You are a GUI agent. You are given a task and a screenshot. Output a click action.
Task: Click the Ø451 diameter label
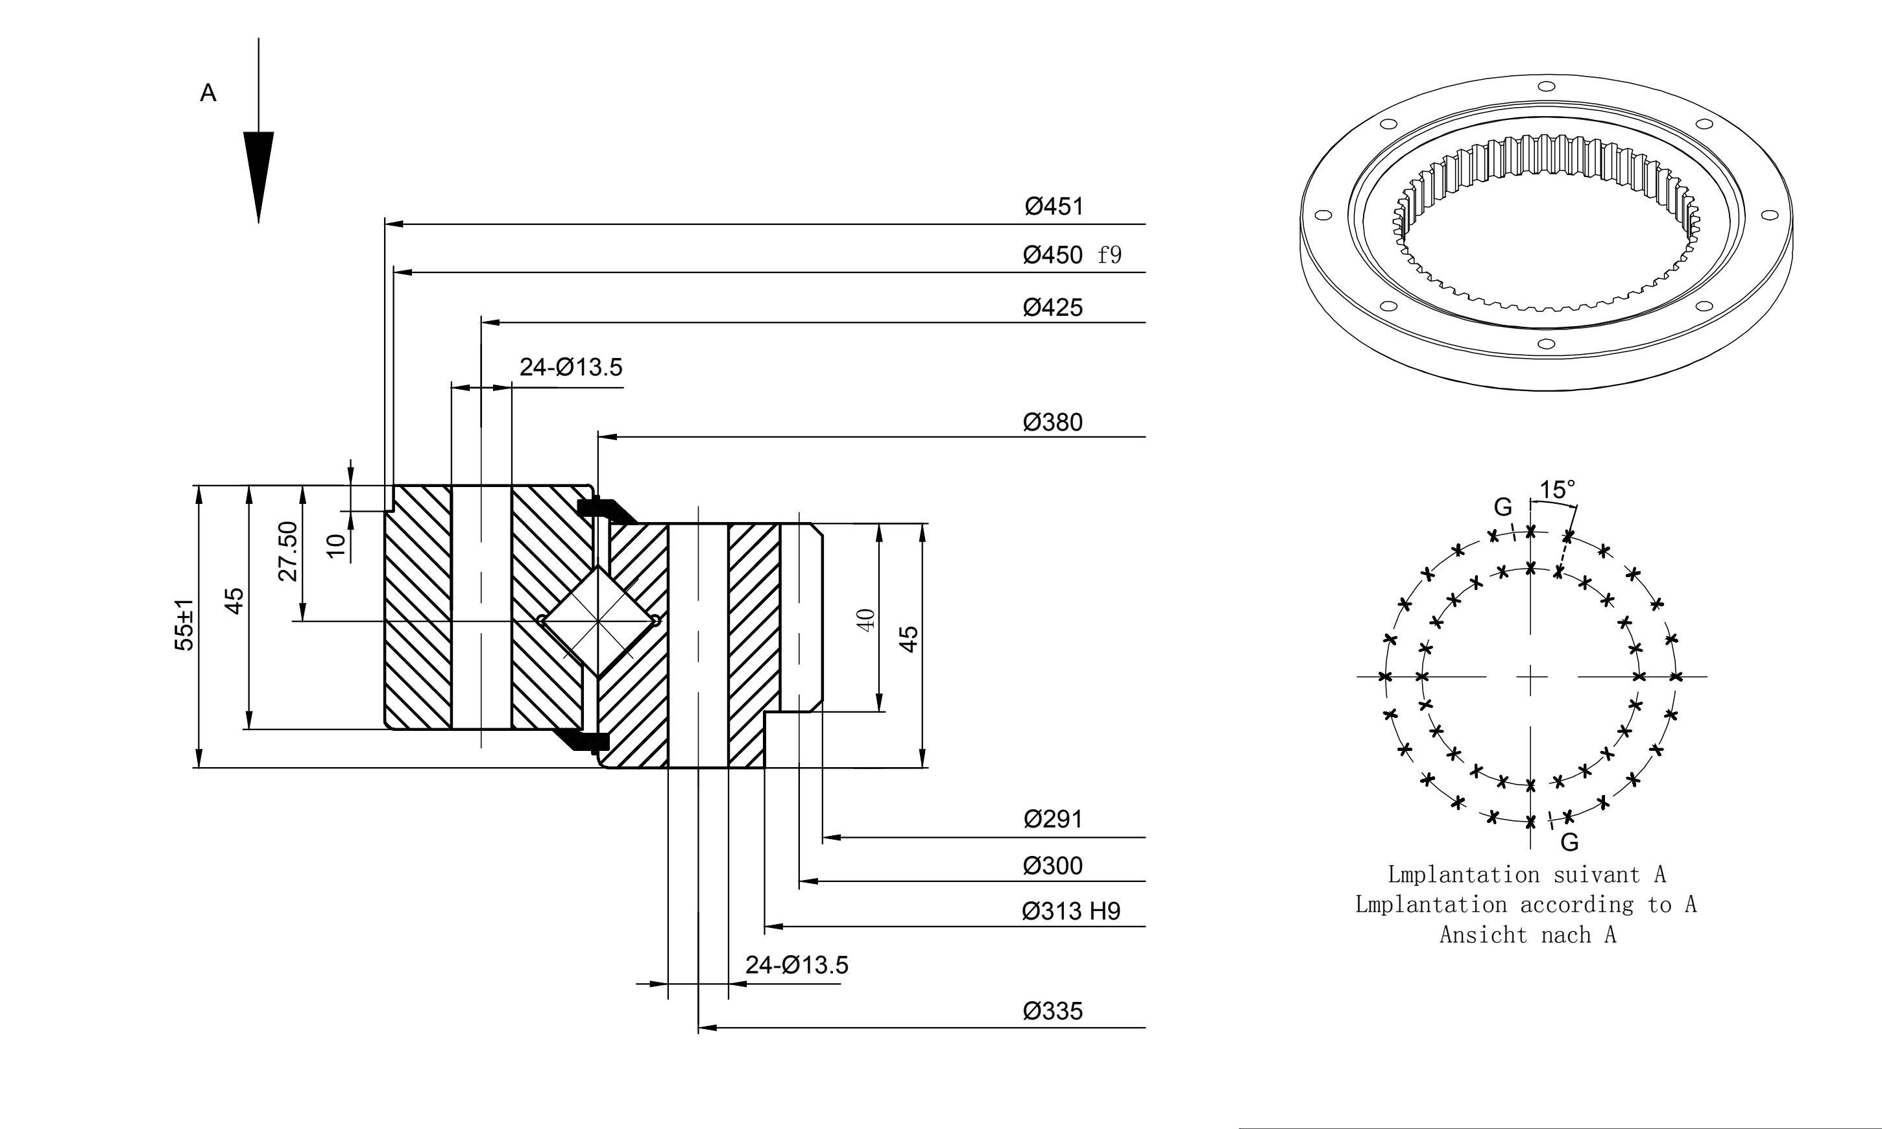point(1054,206)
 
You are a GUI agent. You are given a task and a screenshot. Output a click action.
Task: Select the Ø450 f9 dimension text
point(1072,254)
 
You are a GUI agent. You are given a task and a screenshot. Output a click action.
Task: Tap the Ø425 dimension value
point(1054,307)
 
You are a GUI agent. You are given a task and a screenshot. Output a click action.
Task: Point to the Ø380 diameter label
point(1054,422)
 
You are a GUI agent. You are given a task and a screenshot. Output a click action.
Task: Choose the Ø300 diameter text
point(1054,865)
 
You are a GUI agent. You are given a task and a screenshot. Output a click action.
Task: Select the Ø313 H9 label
point(1072,910)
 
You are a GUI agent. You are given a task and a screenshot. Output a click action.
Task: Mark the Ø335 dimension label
point(1054,1010)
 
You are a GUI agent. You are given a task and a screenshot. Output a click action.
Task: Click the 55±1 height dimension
point(184,624)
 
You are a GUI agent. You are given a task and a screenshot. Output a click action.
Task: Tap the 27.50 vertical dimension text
point(287,552)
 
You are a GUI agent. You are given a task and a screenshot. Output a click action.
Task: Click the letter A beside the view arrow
point(208,93)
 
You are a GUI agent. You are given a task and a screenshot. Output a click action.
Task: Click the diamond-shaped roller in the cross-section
point(599,621)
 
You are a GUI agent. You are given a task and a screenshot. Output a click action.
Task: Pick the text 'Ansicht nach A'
point(1527,934)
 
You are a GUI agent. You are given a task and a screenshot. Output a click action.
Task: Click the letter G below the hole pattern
point(1569,842)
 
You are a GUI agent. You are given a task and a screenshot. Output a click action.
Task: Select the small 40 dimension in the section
point(866,619)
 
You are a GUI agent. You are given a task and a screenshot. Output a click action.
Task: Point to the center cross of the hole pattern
point(1530,676)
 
